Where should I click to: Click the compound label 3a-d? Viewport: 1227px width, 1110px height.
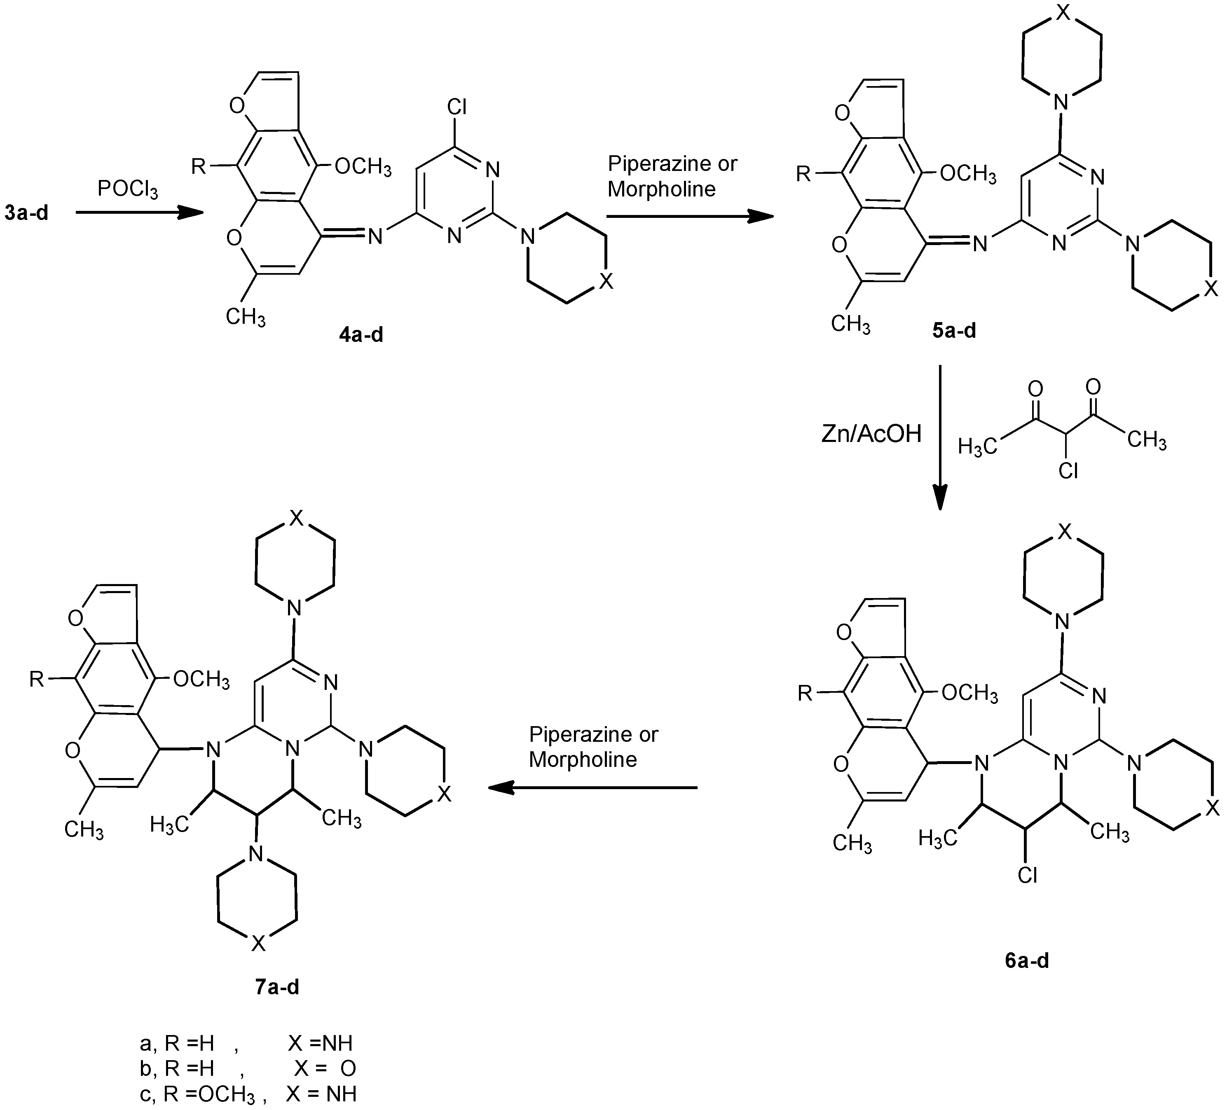click(26, 213)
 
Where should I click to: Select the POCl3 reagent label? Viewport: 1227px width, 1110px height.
click(127, 190)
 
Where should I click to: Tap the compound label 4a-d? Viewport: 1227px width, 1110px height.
click(361, 334)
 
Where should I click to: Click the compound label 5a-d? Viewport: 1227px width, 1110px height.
click(954, 330)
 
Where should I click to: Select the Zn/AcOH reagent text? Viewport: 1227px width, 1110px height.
click(871, 433)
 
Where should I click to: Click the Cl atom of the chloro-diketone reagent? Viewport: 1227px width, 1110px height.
click(1068, 470)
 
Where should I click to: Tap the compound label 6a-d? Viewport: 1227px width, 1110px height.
click(1027, 960)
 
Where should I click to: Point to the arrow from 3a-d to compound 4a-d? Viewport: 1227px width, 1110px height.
click(139, 213)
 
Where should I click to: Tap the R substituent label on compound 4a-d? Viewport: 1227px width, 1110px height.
click(199, 166)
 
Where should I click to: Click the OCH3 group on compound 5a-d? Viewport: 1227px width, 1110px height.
click(968, 174)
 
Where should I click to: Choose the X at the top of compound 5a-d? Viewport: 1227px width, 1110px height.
click(1062, 14)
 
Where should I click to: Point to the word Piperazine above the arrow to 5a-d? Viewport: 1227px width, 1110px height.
click(649, 163)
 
